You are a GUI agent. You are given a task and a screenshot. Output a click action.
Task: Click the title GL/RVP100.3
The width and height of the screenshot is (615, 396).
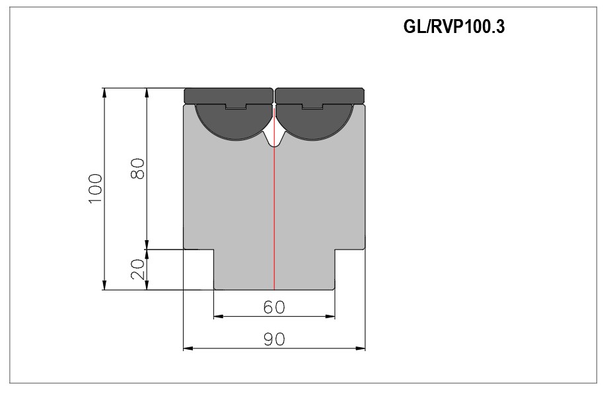(x=454, y=26)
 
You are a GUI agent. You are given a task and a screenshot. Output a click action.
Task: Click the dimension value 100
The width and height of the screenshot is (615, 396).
(x=95, y=188)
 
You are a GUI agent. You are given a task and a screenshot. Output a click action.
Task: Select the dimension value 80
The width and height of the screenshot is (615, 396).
(x=137, y=168)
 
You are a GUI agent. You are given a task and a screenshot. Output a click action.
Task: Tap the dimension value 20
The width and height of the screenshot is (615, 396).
(x=137, y=269)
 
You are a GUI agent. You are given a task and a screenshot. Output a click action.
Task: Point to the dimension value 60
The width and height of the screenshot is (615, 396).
(x=274, y=308)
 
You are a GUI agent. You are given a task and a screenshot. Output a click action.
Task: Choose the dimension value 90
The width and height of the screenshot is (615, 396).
(x=274, y=339)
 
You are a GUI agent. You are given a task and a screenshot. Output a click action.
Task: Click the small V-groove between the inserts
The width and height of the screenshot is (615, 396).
(x=274, y=137)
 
